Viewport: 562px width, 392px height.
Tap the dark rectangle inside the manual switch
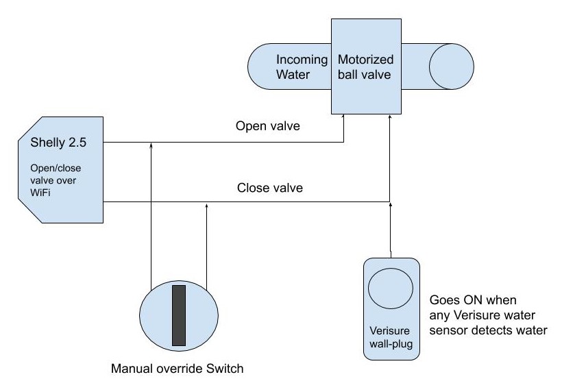point(179,315)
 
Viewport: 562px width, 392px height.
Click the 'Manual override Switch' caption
point(178,369)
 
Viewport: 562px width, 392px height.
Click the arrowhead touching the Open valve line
point(149,145)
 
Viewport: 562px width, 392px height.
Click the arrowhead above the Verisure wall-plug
point(391,204)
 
